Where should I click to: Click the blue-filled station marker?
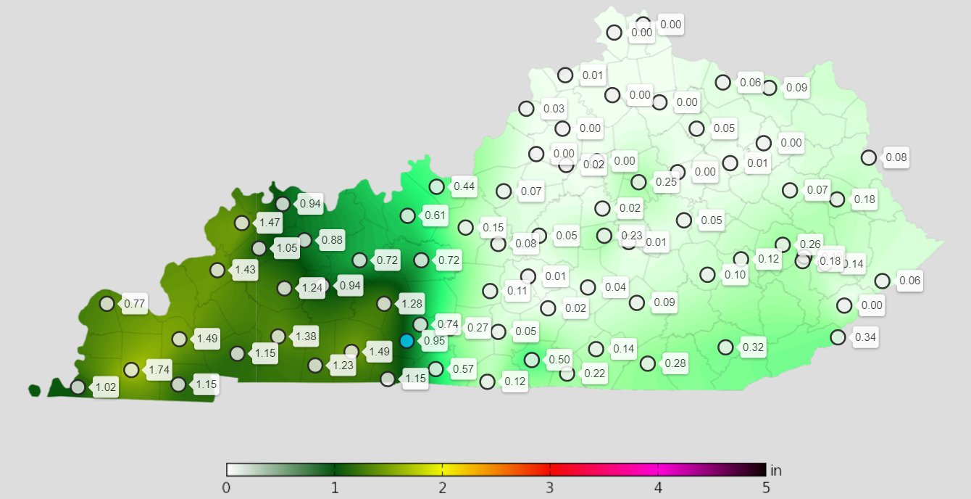(407, 341)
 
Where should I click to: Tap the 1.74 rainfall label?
(159, 370)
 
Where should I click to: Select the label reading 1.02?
(106, 387)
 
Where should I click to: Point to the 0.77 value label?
(135, 304)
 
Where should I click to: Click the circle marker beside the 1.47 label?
(241, 223)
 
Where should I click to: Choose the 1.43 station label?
(245, 270)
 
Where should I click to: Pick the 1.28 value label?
(412, 303)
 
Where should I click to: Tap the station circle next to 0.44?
(436, 186)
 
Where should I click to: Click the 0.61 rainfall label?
(436, 215)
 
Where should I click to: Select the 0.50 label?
(559, 359)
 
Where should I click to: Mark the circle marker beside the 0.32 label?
(725, 347)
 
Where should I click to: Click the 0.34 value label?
(865, 337)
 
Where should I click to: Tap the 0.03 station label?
(554, 109)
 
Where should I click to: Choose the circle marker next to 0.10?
(707, 274)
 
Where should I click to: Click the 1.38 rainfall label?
(306, 336)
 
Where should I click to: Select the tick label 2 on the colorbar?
(442, 487)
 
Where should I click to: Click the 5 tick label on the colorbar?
(766, 487)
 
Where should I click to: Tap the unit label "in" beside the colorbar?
(776, 470)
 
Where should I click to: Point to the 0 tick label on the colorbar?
(227, 487)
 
